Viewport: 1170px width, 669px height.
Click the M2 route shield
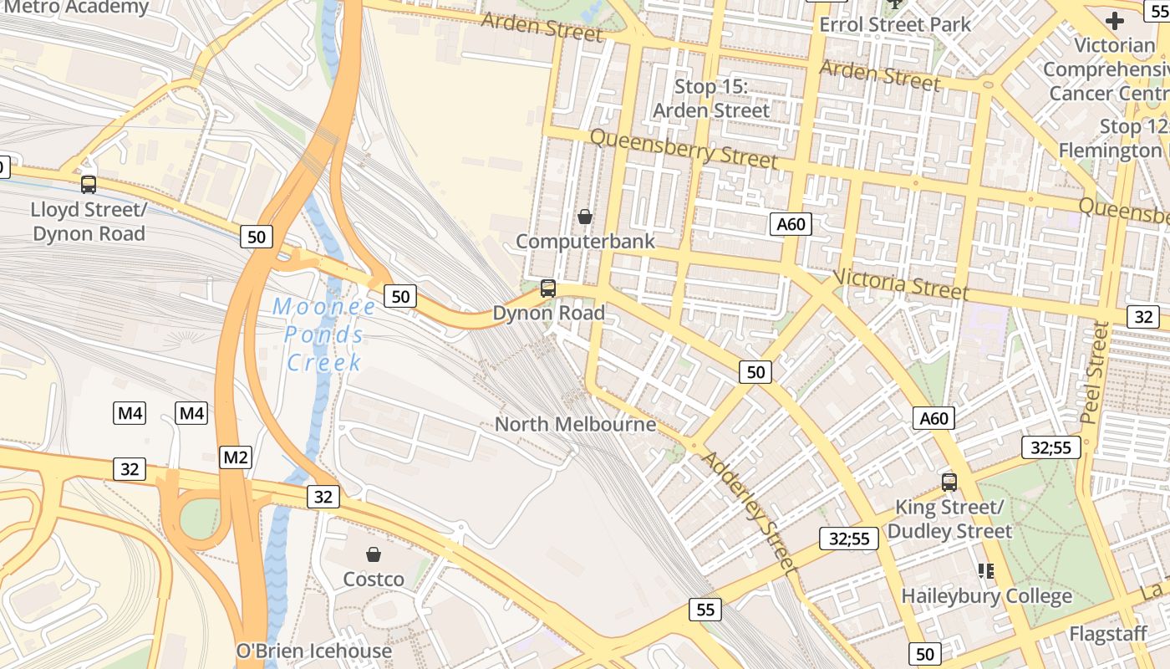click(x=236, y=457)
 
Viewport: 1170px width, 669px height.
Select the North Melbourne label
click(x=575, y=424)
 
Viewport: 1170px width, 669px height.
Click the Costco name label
click(x=374, y=579)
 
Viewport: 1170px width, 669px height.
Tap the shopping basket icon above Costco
click(x=374, y=554)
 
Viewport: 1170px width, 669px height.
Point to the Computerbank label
click(x=585, y=241)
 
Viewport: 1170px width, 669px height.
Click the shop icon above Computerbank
click(x=585, y=217)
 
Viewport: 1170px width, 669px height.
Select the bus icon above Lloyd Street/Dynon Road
click(x=89, y=185)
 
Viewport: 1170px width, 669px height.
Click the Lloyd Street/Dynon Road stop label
click(x=89, y=221)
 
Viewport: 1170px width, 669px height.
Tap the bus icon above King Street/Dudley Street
click(x=949, y=482)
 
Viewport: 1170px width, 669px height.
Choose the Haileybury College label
click(x=986, y=596)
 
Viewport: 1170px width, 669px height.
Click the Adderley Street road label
click(x=747, y=511)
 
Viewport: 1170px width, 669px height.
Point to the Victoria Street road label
click(x=901, y=284)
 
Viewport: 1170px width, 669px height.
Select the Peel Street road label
click(x=1094, y=372)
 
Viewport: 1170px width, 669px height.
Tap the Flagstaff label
click(x=1108, y=634)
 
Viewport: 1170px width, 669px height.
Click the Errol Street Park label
click(x=895, y=24)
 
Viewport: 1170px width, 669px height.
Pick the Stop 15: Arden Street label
click(x=711, y=99)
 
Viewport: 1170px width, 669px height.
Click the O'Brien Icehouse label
click(x=314, y=651)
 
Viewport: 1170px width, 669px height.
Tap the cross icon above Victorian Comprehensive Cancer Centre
click(x=1115, y=21)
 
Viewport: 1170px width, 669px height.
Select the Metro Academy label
click(x=77, y=8)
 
